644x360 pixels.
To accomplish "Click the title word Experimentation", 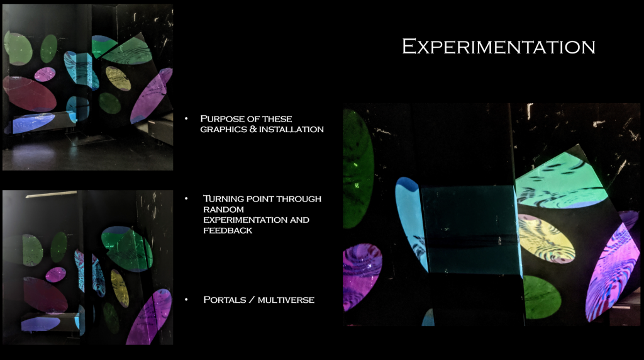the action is point(499,46).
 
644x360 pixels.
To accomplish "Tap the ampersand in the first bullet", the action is point(253,129).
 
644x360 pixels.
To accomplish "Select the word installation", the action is point(291,129).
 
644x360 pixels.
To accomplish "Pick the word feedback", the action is point(228,230).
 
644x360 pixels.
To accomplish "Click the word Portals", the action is point(225,300).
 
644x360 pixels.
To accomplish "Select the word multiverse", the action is point(286,300).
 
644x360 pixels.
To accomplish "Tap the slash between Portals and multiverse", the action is point(252,300).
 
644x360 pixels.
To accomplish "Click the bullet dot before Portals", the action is point(186,300).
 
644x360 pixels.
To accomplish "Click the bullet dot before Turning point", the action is point(186,198).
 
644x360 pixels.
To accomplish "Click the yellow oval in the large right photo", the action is point(546,239).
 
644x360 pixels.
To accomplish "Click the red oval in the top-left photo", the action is point(29,94).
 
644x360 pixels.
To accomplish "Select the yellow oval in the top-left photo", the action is point(118,78).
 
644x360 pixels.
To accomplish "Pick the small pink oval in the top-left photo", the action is point(45,74).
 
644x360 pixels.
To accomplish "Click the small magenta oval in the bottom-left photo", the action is point(55,274).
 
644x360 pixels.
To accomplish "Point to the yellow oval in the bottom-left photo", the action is point(119,288).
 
